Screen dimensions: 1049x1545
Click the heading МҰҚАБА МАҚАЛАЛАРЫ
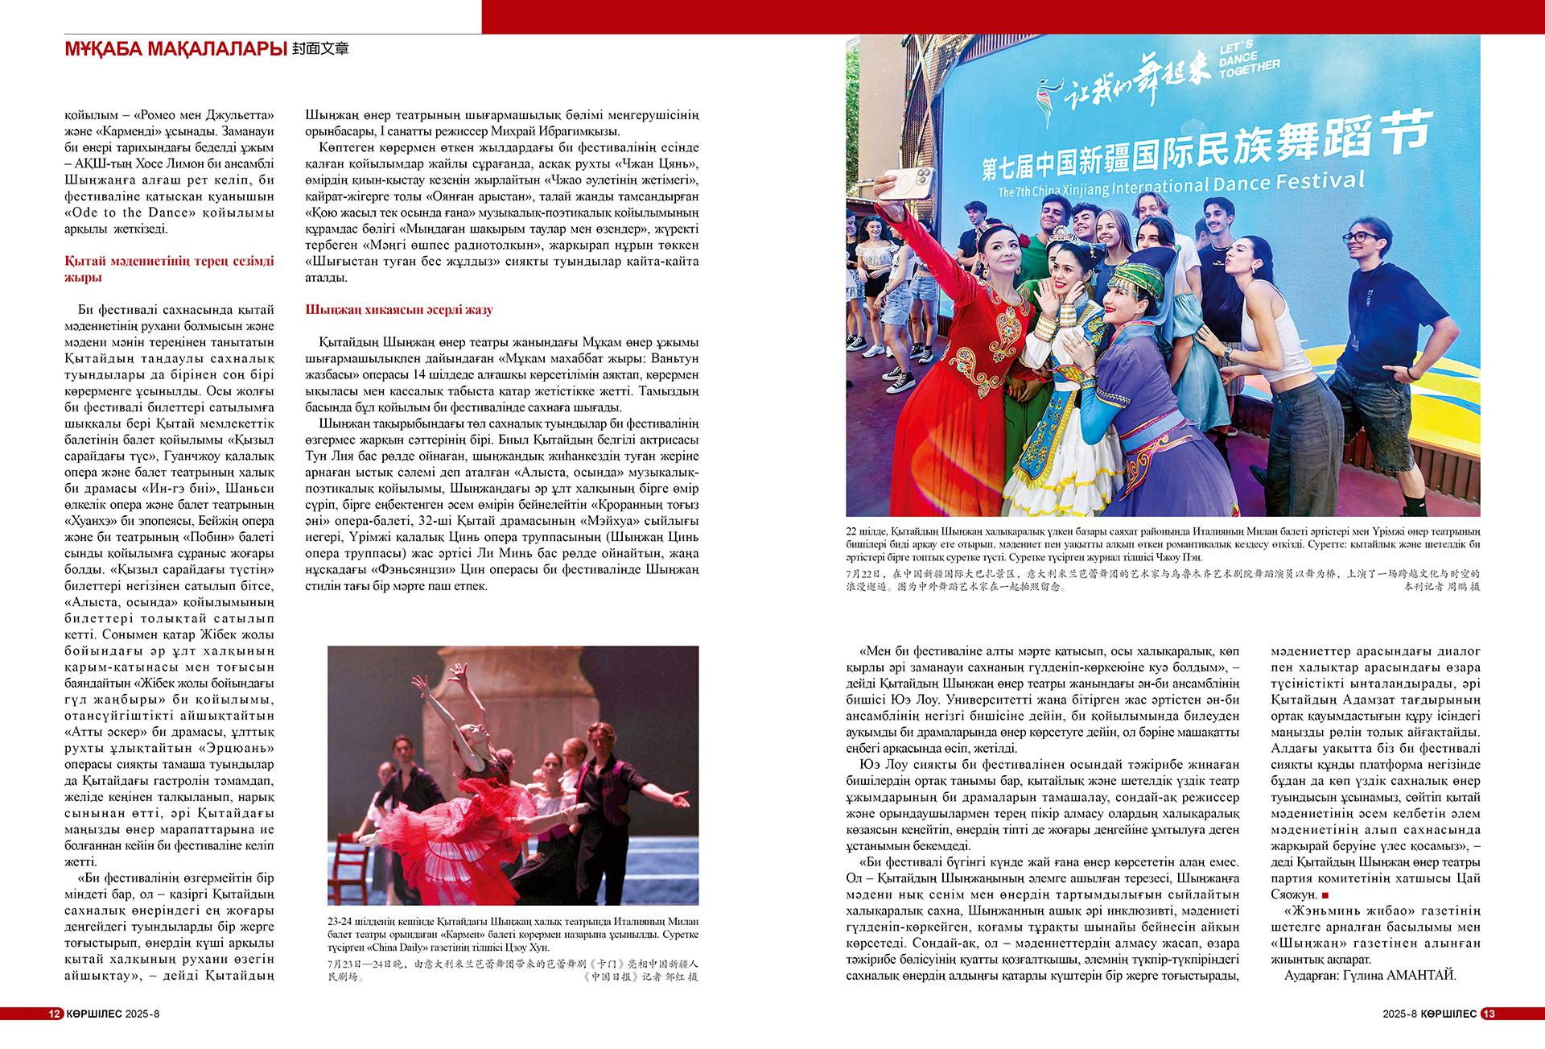[175, 49]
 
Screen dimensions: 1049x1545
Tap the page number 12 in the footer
[54, 1014]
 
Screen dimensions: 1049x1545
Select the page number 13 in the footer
[1489, 1014]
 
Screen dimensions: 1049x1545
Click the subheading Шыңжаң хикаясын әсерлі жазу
[398, 310]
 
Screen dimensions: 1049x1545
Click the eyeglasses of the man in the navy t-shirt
[1360, 237]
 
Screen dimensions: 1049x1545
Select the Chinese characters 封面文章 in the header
[320, 49]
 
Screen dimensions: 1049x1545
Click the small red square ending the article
[1325, 895]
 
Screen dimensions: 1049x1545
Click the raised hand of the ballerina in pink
[459, 669]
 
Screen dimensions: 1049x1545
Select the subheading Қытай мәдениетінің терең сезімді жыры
[169, 269]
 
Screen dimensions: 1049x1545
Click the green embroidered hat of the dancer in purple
[1138, 278]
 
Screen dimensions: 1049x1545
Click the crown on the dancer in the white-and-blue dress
[1062, 235]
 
